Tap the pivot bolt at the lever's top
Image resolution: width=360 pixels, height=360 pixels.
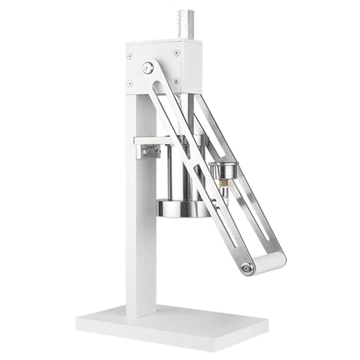(x=148, y=68)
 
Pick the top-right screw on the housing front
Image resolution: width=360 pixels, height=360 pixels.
(x=177, y=52)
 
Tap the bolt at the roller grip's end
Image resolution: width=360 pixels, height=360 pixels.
(x=247, y=269)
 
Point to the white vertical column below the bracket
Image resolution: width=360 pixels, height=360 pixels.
(x=140, y=238)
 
